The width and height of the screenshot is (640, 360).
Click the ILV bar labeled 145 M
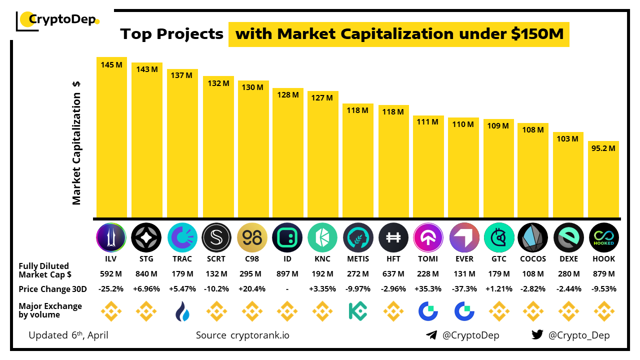coord(111,137)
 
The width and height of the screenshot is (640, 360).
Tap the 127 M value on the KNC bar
coord(322,98)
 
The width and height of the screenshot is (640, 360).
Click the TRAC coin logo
coord(182,237)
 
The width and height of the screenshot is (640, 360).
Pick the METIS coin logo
coord(358,237)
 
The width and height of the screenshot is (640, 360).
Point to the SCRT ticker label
coord(216,259)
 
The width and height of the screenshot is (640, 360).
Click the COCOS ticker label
coord(533,259)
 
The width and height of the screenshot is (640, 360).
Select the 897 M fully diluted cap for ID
coord(287,274)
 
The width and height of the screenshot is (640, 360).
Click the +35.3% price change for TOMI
coord(428,289)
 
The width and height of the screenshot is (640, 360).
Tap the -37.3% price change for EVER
coord(463,289)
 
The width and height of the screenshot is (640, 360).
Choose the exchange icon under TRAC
coord(182,311)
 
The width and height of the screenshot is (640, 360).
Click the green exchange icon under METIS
coord(358,311)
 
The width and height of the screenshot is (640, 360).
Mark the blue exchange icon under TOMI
coord(428,311)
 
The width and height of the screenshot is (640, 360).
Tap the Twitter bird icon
coord(537,335)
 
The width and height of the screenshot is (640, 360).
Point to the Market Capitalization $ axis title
coord(76,142)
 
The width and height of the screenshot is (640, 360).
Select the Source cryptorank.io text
coord(242,335)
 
